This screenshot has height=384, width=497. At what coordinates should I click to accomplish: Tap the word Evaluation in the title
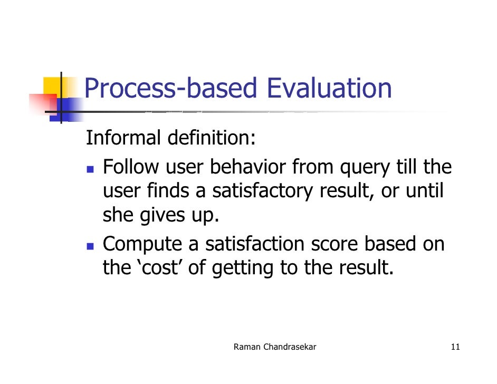329,89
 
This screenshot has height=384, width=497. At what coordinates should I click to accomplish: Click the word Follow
130,167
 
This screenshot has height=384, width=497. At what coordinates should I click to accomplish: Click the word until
425,191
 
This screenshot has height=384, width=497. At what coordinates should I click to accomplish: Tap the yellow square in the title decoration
53,86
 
